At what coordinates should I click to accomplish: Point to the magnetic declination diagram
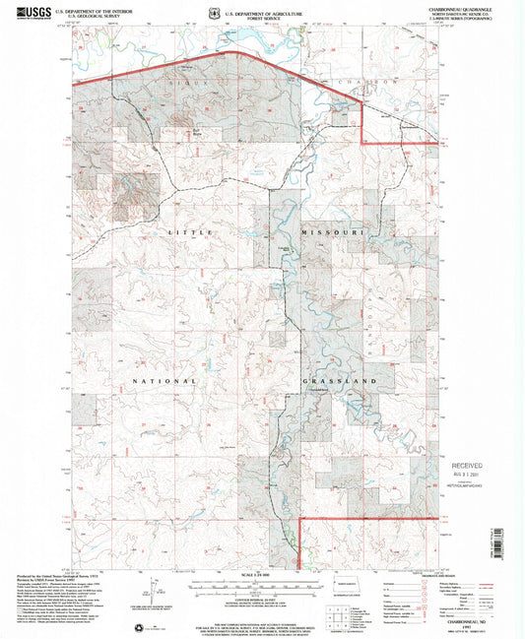155,594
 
